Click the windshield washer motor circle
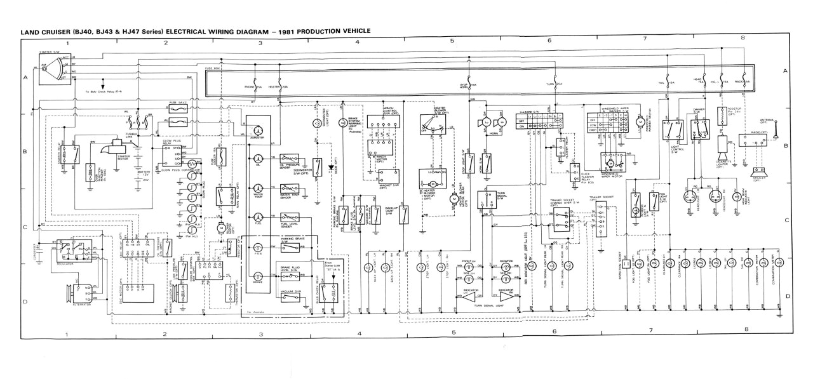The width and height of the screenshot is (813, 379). pyautogui.click(x=640, y=121)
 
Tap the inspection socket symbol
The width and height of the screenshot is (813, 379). pyautogui.click(x=625, y=263)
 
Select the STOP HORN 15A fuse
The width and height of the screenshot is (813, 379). pyautogui.click(x=467, y=85)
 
